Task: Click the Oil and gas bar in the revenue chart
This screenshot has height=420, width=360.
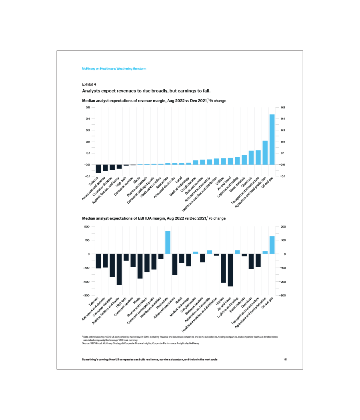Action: point(272,139)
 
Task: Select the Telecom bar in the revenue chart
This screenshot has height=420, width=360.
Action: point(98,168)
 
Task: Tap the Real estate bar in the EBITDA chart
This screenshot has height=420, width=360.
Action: point(168,242)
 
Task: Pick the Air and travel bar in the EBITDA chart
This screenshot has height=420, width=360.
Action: point(230,270)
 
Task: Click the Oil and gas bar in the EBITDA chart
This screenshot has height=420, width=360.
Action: point(272,245)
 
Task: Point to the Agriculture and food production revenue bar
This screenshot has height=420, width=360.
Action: point(265,152)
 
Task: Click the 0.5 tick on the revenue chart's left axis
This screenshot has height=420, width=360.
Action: point(87,108)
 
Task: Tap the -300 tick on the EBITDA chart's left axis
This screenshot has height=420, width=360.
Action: point(86,295)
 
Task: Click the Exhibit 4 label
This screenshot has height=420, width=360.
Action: point(89,84)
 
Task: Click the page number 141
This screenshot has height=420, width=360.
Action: point(285,360)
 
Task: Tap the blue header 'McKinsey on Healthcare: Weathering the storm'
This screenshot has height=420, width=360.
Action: point(114,69)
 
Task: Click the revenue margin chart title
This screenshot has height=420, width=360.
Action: point(154,101)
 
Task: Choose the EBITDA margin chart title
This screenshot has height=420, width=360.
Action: point(154,218)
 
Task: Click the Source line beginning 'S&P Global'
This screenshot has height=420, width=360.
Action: point(140,343)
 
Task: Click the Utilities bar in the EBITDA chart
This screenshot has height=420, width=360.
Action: point(223,268)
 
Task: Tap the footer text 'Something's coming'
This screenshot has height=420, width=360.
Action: point(150,360)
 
